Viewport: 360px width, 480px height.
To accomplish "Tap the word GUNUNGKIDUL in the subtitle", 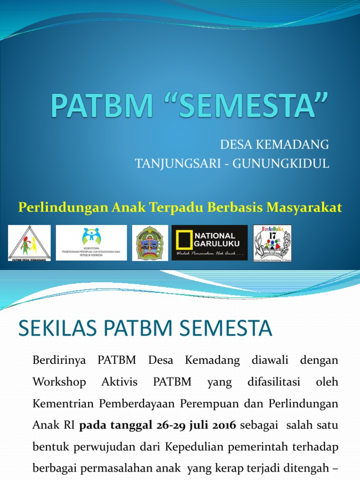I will pos(292,163).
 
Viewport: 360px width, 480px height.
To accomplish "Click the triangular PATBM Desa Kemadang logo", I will pos(30,243).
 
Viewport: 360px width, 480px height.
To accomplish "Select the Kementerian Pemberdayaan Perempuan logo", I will pos(91,243).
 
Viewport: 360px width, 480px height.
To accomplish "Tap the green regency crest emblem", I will pos(150,243).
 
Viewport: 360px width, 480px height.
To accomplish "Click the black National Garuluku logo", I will pos(210,243).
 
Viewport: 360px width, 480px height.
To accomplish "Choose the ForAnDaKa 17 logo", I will pos(272,243).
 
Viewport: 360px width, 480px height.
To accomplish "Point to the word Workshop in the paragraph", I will pos(59,382).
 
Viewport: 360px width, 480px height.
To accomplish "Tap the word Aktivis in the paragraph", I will pos(120,382).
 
